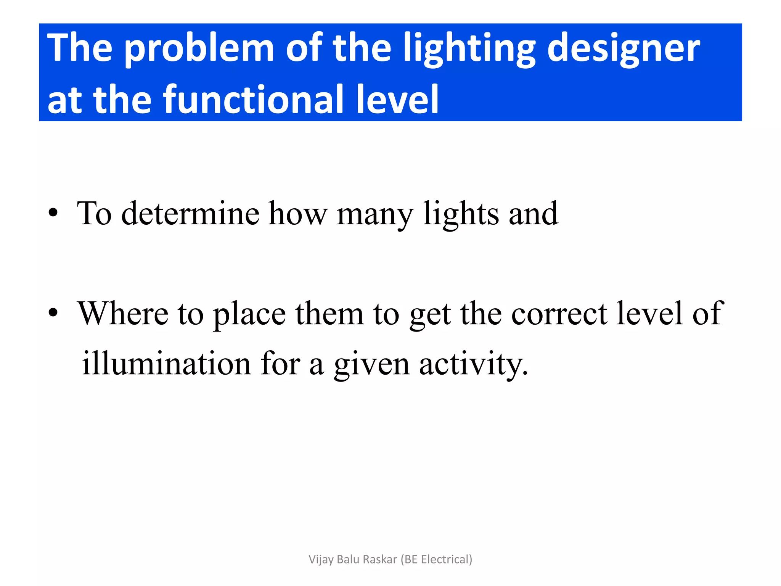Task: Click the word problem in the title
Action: pyautogui.click(x=199, y=49)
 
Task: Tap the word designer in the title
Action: pyautogui.click(x=624, y=49)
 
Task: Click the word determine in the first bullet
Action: pyautogui.click(x=190, y=214)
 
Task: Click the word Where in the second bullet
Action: pyautogui.click(x=123, y=314)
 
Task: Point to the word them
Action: pyautogui.click(x=329, y=314)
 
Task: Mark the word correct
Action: pyautogui.click(x=559, y=314)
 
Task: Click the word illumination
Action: pyautogui.click(x=167, y=364)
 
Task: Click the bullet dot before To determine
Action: pyautogui.click(x=53, y=213)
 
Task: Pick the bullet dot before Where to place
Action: pyautogui.click(x=53, y=313)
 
